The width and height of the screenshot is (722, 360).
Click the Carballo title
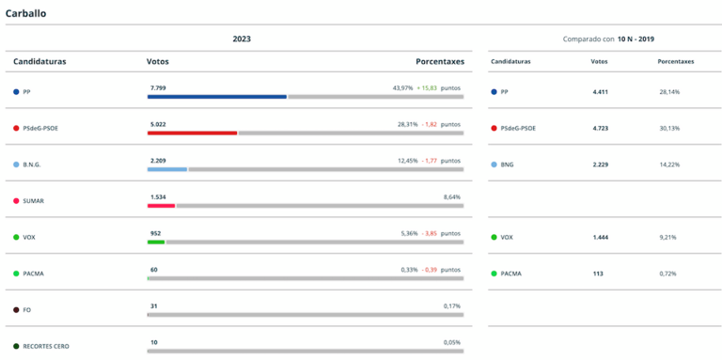25,13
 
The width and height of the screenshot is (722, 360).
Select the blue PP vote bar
216,96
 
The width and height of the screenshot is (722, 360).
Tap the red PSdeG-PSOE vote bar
192,133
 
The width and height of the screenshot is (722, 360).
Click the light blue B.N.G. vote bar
167,169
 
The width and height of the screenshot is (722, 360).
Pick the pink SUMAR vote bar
161,205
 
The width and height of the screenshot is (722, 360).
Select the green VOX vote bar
156,242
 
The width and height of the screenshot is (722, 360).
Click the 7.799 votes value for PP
158,87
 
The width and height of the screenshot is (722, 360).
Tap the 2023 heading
242,39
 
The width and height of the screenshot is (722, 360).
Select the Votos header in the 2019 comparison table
599,61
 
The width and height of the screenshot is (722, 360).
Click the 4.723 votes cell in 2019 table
601,128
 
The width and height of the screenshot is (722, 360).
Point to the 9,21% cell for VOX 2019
669,237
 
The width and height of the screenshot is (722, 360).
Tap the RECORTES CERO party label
46,346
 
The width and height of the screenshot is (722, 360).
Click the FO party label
27,309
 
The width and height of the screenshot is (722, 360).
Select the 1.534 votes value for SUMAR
158,196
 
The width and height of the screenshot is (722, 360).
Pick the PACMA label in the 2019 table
510,274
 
